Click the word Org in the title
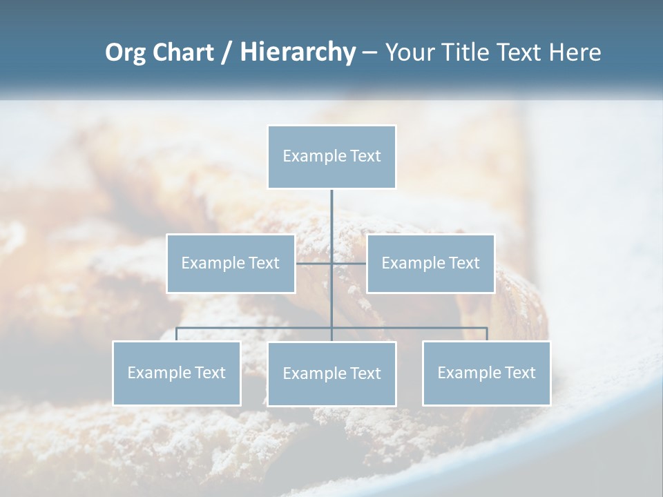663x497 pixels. (x=125, y=52)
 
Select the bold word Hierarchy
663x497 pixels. (x=297, y=52)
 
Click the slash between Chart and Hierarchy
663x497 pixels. (x=226, y=53)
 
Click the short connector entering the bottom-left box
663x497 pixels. (x=176, y=334)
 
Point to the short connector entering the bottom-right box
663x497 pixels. (x=487, y=334)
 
